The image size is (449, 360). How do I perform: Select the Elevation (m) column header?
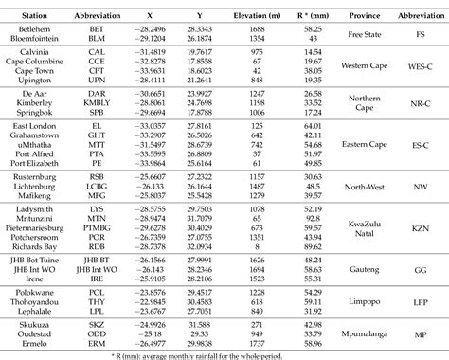[273, 17]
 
